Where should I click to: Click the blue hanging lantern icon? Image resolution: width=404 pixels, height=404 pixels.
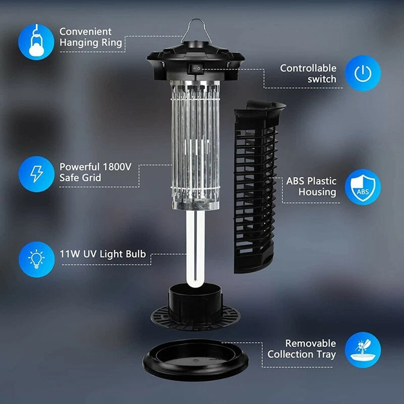point(36,42)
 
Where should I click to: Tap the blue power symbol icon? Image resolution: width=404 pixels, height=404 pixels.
point(363,73)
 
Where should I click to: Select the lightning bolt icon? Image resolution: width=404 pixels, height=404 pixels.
point(36,174)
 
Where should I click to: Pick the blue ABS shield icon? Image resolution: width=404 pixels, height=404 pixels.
point(363,187)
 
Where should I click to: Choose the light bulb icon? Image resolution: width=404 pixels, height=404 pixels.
point(36,259)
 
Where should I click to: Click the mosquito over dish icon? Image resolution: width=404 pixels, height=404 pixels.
point(363,350)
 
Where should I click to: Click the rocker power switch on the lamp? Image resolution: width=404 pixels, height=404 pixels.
point(196,69)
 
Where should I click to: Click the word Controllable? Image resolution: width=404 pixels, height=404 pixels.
point(308,68)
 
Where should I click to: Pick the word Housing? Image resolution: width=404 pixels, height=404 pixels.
point(317,192)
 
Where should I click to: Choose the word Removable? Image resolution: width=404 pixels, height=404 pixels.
point(310,344)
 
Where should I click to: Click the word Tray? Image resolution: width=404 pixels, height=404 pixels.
point(326,355)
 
